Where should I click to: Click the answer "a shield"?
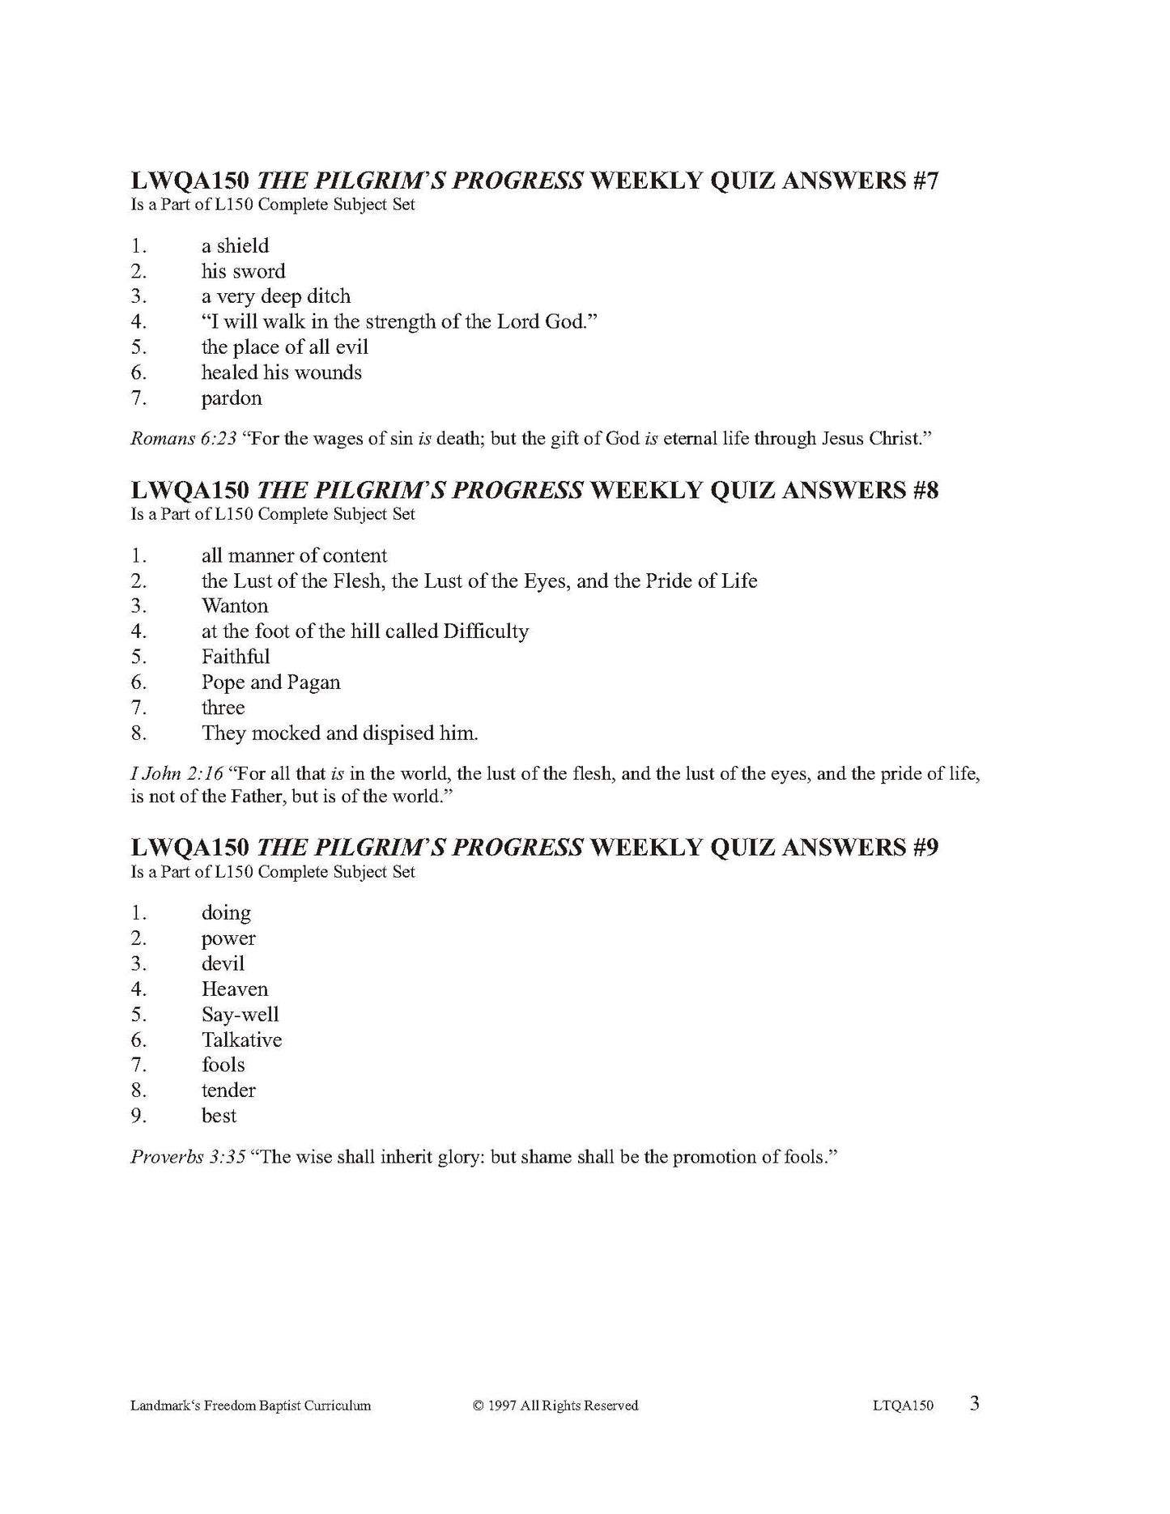(x=235, y=246)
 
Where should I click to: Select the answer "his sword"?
(x=243, y=271)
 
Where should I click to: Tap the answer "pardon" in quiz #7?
(x=232, y=398)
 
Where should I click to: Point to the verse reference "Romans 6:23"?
(x=184, y=439)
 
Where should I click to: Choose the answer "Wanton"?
(x=235, y=606)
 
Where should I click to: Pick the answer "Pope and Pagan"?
(x=270, y=683)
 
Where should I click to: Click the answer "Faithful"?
(x=236, y=657)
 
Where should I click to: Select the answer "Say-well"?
(x=240, y=1014)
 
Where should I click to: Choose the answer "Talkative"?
(x=241, y=1040)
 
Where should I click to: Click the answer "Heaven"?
(x=235, y=989)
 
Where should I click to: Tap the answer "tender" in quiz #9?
(x=228, y=1091)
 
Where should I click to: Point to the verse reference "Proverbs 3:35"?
(x=188, y=1157)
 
